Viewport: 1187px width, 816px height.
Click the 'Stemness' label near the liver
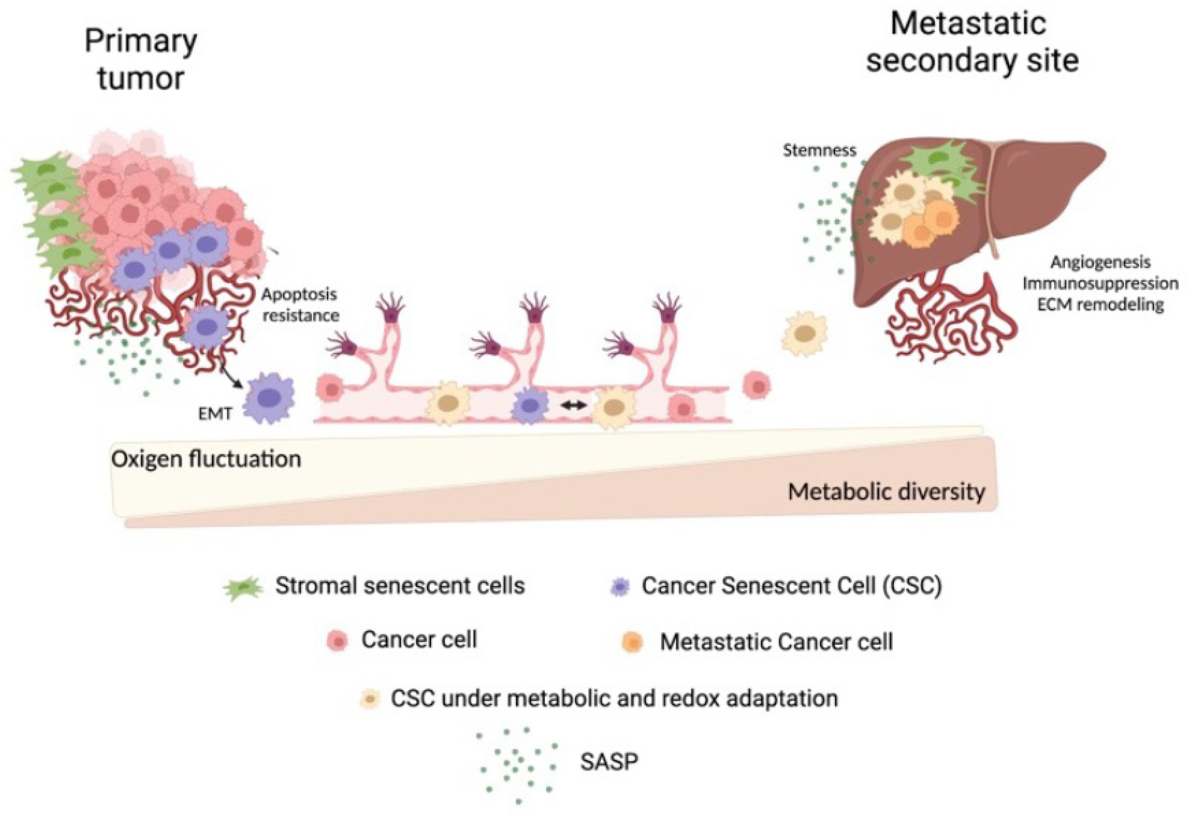pos(819,150)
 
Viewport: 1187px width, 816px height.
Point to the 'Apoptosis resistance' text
pos(300,305)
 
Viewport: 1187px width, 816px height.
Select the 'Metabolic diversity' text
pos(886,492)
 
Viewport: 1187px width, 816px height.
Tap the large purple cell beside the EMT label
pos(268,398)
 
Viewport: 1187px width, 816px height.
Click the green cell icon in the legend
pos(244,589)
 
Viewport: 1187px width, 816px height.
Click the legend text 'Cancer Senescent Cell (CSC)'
pos(791,586)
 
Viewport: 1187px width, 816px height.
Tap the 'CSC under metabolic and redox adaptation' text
pos(614,698)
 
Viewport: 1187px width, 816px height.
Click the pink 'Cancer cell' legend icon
pos(337,641)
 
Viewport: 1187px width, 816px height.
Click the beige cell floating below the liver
pos(804,333)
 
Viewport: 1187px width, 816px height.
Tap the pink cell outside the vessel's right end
pos(757,387)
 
